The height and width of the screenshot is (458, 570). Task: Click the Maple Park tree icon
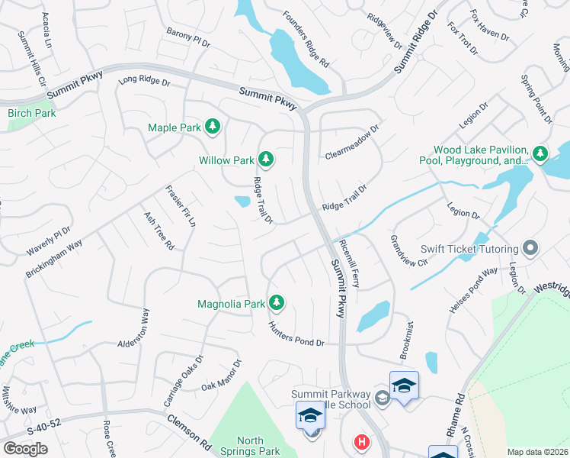point(213,127)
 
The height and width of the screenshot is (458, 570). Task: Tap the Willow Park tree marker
point(266,160)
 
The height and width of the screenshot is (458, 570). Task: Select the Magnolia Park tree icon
point(277,303)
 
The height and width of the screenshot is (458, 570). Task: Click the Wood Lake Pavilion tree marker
point(540,153)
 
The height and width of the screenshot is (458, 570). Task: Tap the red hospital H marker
point(360,442)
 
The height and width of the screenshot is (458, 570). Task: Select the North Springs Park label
point(250,446)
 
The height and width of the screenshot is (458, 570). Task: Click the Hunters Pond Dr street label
point(296,335)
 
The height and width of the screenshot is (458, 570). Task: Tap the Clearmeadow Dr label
point(352,143)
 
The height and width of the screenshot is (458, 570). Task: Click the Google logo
point(26,449)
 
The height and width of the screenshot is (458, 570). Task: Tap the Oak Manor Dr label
point(221,376)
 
